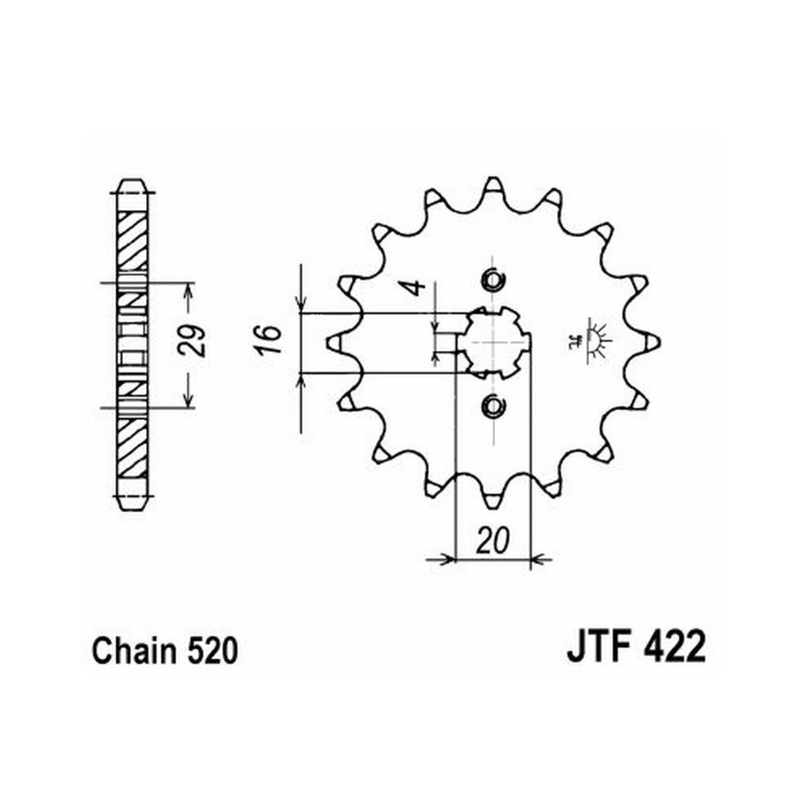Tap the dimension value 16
269,339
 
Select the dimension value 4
415,288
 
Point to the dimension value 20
492,540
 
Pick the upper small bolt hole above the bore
493,280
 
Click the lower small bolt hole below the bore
493,406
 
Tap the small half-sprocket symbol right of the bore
591,341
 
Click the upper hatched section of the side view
132,241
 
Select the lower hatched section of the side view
132,448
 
